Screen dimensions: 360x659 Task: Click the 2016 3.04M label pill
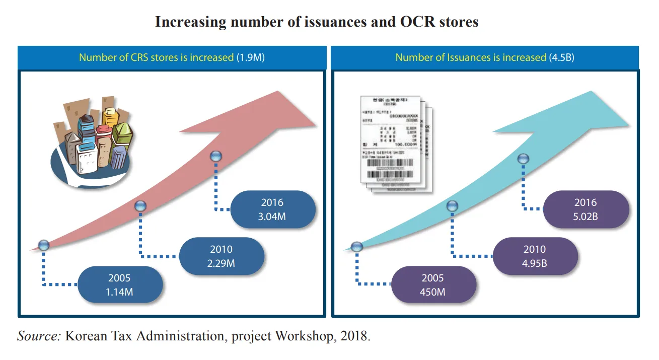click(x=272, y=209)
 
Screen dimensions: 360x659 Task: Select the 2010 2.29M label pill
click(x=222, y=256)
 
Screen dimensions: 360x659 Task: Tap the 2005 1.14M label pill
click(x=120, y=284)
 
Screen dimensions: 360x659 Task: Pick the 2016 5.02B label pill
click(x=585, y=209)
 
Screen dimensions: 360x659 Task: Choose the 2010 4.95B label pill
click(x=535, y=256)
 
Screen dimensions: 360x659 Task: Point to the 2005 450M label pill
click(x=433, y=284)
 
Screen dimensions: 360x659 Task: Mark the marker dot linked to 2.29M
click(x=140, y=205)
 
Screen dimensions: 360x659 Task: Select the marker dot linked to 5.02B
click(x=524, y=159)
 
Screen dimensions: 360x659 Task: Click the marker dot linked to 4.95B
click(x=453, y=205)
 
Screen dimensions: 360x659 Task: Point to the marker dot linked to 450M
click(x=357, y=246)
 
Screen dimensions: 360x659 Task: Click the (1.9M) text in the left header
click(x=250, y=57)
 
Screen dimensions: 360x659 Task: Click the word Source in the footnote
click(x=38, y=336)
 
